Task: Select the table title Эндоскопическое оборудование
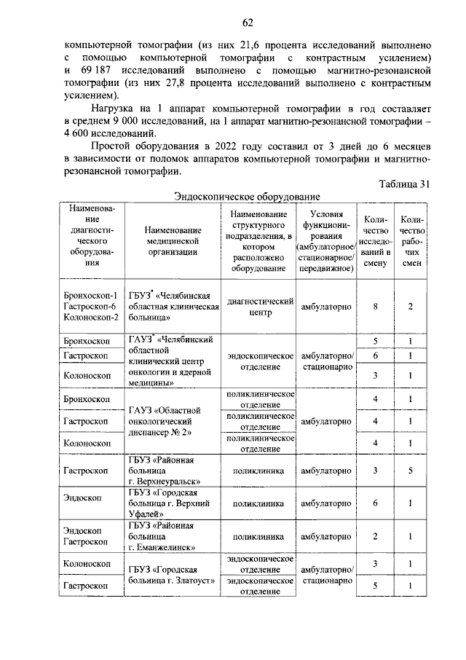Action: pos(248,197)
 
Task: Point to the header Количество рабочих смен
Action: pos(411,242)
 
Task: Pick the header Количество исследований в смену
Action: pos(376,242)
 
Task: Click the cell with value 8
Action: pos(376,307)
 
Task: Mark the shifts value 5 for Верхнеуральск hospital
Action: pos(411,471)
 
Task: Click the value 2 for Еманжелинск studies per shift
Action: pos(376,537)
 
